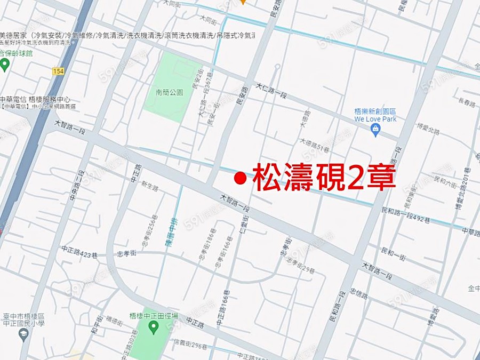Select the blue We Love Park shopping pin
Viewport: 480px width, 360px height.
[x=375, y=130]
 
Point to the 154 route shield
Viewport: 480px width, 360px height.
[x=59, y=71]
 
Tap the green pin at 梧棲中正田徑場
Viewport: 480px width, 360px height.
[x=154, y=327]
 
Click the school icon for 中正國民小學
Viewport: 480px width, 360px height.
[x=23, y=334]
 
